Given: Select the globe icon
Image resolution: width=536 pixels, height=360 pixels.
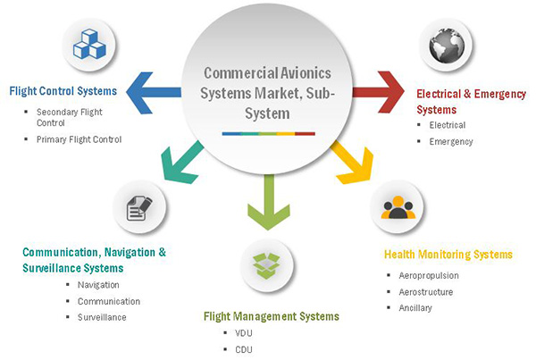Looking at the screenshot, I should pos(444,47).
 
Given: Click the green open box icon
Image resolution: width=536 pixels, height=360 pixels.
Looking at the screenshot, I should pos(266,265).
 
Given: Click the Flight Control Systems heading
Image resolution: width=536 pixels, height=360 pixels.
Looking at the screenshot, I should pos(63,90).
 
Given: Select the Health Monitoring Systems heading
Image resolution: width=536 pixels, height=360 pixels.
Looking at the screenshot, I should pos(448,255).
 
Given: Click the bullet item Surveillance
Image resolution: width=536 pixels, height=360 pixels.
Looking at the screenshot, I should pos(102,317).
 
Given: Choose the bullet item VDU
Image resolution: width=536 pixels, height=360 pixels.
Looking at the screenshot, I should pos(244,334).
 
